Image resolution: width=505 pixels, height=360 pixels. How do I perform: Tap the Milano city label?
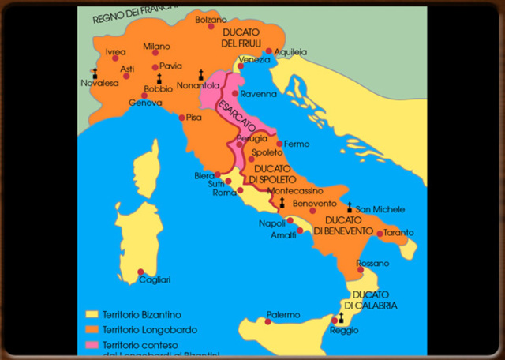pos(157,46)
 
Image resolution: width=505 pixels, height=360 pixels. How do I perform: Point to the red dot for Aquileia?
pos(269,51)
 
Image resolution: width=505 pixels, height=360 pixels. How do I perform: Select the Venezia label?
pos(254,60)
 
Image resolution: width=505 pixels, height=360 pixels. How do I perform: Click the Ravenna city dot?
pos(234,93)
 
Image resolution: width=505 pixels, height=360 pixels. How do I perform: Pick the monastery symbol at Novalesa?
pos(95,72)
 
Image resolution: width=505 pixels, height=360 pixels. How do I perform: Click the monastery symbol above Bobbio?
pos(159,77)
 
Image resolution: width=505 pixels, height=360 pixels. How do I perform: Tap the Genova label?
pos(145,103)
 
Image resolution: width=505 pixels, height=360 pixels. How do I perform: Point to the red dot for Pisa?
pos(182,118)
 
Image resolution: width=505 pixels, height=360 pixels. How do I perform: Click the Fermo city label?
pos(297,144)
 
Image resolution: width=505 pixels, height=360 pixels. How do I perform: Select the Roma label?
pos(225,193)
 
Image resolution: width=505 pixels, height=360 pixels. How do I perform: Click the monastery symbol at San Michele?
pos(349,207)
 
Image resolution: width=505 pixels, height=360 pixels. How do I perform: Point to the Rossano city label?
pos(373,263)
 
